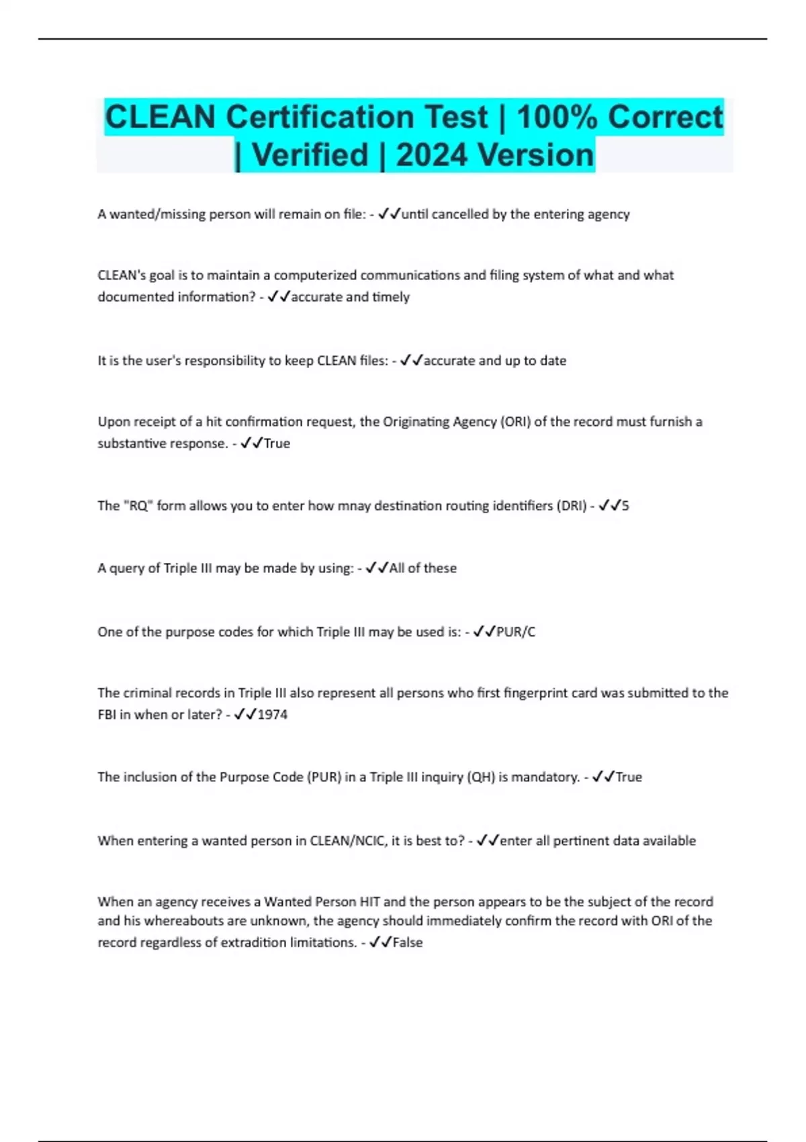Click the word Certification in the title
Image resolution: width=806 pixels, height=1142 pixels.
tap(356, 118)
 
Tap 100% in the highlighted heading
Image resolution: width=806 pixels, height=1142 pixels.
tap(557, 118)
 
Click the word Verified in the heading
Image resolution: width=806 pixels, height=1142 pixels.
tap(310, 155)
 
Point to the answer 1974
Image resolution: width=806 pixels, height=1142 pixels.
tap(273, 715)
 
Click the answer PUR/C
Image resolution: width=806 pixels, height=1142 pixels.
tap(516, 632)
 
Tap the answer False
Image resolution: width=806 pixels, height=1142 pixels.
tap(408, 942)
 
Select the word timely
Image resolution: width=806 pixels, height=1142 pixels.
tap(390, 297)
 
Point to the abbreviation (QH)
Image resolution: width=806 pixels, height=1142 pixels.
tap(482, 777)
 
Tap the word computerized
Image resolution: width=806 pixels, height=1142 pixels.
tap(315, 275)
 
